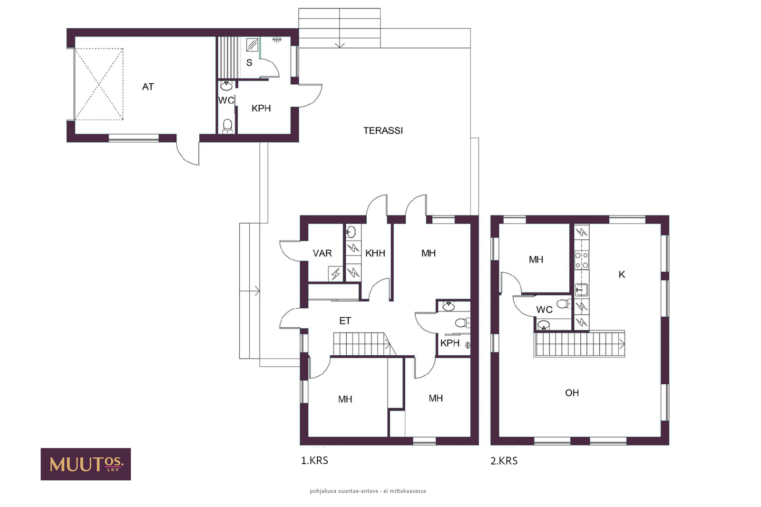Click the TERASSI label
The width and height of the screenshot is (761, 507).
tap(383, 130)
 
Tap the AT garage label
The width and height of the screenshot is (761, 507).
tap(148, 87)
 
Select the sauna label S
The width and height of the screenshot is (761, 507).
tap(249, 62)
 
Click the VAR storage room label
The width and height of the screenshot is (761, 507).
tap(322, 253)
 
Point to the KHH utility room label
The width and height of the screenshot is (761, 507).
tap(375, 253)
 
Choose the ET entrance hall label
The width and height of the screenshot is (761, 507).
tap(345, 321)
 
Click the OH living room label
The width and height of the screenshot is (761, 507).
tap(572, 393)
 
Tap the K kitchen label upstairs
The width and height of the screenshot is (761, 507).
tap(622, 274)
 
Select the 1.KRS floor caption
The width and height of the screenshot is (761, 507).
tap(314, 460)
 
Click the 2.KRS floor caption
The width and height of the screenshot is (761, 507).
tap(504, 461)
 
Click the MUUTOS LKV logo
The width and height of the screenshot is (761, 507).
tap(86, 464)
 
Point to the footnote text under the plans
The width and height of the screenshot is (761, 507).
tap(368, 491)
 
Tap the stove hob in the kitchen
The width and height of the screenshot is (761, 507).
tap(581, 260)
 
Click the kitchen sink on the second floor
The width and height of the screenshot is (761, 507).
tap(581, 290)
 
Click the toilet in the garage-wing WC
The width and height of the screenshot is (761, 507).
tap(227, 126)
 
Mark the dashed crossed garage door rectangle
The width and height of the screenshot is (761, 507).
tap(99, 84)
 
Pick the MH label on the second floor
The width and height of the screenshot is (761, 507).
tap(536, 260)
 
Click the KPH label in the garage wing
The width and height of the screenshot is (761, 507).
tap(261, 108)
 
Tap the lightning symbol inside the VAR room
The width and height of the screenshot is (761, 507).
tap(336, 273)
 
